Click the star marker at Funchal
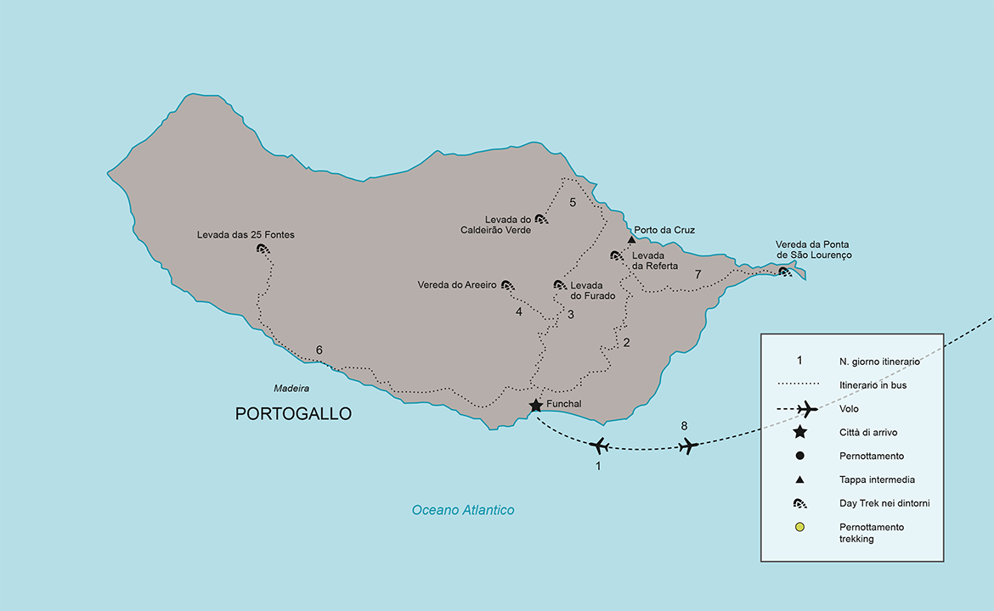point(536,406)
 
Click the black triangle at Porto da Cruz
point(631,239)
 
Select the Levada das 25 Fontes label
point(246,235)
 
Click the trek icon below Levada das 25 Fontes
point(263,249)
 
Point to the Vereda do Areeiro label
point(456,285)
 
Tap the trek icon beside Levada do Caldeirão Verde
point(541,219)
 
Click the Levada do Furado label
point(587,290)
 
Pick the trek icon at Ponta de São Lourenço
point(785,272)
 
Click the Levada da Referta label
point(655,261)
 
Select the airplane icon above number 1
point(599,445)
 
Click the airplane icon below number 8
point(688,445)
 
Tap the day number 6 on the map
point(319,350)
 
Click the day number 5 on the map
point(573,202)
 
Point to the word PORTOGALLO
point(293,414)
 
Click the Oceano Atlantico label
point(463,510)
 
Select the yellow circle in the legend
point(799,527)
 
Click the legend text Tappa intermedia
point(878,479)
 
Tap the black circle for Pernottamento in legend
point(799,456)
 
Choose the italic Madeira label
point(291,389)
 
